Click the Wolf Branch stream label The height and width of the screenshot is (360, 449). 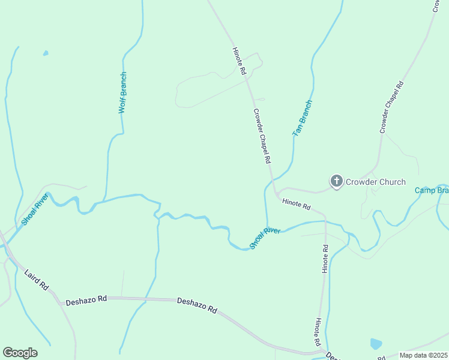tap(122, 92)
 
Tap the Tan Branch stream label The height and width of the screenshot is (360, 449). tap(302, 118)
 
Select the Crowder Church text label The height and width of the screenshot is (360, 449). tap(376, 182)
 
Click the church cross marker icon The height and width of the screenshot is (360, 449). tap(337, 181)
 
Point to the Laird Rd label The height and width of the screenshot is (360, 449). tap(36, 280)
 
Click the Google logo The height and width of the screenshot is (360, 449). tap(20, 352)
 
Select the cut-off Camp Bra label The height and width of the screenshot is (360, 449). tap(432, 190)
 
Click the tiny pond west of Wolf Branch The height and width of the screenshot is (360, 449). tap(46, 53)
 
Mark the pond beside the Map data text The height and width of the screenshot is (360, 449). tap(376, 344)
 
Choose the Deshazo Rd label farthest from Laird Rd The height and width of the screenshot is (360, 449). tap(197, 305)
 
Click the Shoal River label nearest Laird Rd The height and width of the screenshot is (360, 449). tap(34, 209)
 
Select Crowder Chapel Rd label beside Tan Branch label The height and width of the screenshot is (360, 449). tap(262, 137)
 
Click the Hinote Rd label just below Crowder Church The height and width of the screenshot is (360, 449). tap(296, 206)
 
